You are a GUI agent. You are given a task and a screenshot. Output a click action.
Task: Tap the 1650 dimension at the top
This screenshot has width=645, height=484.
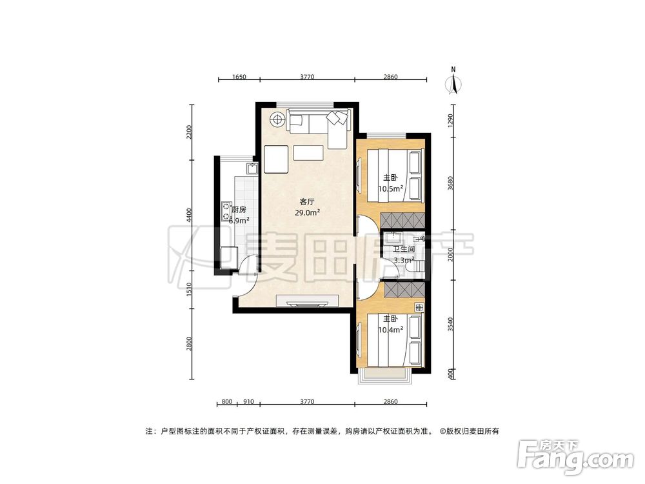(x=239, y=77)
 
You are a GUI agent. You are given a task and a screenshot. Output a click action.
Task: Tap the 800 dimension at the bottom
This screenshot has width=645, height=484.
(x=226, y=402)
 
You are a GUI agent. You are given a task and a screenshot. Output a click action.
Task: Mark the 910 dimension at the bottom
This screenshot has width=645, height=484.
(x=248, y=402)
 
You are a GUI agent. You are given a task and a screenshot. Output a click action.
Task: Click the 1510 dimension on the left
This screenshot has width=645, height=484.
(x=189, y=292)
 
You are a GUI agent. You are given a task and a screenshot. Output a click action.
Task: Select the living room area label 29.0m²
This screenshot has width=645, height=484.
(x=308, y=212)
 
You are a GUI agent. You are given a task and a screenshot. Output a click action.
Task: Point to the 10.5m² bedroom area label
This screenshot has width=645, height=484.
(x=390, y=189)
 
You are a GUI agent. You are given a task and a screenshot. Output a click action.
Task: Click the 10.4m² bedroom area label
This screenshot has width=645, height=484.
(x=390, y=329)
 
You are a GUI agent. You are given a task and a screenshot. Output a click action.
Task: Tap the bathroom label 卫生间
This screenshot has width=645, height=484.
(x=404, y=249)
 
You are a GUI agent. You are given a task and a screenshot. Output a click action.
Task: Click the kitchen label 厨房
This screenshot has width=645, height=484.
(x=239, y=210)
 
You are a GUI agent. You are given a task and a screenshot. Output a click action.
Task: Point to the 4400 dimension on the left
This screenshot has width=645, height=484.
(x=189, y=214)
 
